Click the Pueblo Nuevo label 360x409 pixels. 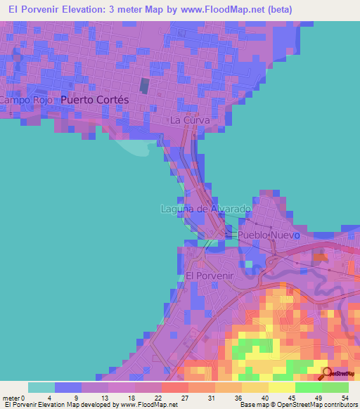tap(269, 234)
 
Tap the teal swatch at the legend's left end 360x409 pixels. tap(41, 387)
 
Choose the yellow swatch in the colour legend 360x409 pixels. tap(281, 387)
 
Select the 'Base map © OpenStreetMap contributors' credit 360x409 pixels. tap(298, 405)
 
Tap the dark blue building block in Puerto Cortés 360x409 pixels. tap(144, 86)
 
